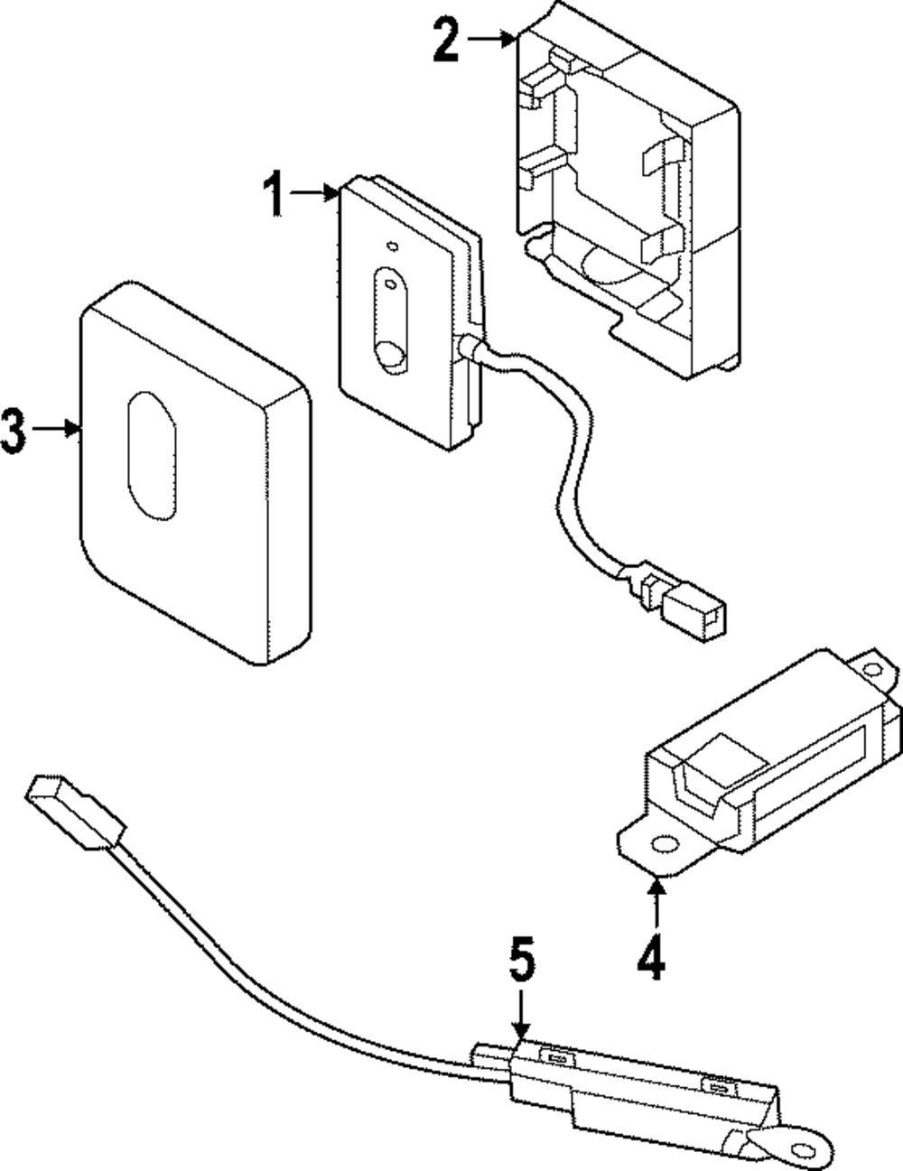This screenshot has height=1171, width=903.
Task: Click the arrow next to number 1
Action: pos(316,191)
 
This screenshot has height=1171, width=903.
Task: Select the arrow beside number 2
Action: pos(492,38)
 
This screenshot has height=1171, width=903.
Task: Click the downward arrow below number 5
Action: pos(520,1016)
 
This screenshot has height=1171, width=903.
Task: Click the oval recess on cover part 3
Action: pos(153,456)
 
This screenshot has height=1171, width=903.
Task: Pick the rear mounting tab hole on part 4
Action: pos(871,670)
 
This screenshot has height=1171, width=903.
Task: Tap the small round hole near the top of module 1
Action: pos(391,245)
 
